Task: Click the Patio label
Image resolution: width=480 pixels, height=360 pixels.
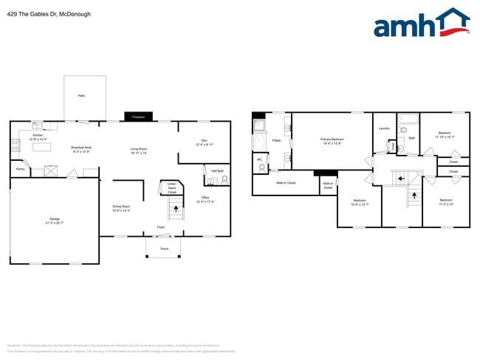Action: pos(81,96)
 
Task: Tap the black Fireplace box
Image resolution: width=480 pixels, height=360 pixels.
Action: pos(138,117)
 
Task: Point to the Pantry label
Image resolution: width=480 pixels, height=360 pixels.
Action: pos(20,169)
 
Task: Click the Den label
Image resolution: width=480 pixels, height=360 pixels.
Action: pos(204,142)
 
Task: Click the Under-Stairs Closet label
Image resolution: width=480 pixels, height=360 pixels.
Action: pos(171,187)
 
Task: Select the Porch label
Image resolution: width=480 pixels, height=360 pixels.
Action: pos(164,249)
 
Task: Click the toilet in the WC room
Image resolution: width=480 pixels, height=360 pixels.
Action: pos(263,167)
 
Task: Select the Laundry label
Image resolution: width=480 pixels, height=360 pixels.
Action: pos(384,128)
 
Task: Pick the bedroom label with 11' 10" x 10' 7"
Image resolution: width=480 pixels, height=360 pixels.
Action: pos(445,135)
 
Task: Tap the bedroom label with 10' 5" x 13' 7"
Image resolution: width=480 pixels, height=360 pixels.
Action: pos(360,202)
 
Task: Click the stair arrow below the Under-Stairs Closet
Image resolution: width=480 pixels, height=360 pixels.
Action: pos(176,211)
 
